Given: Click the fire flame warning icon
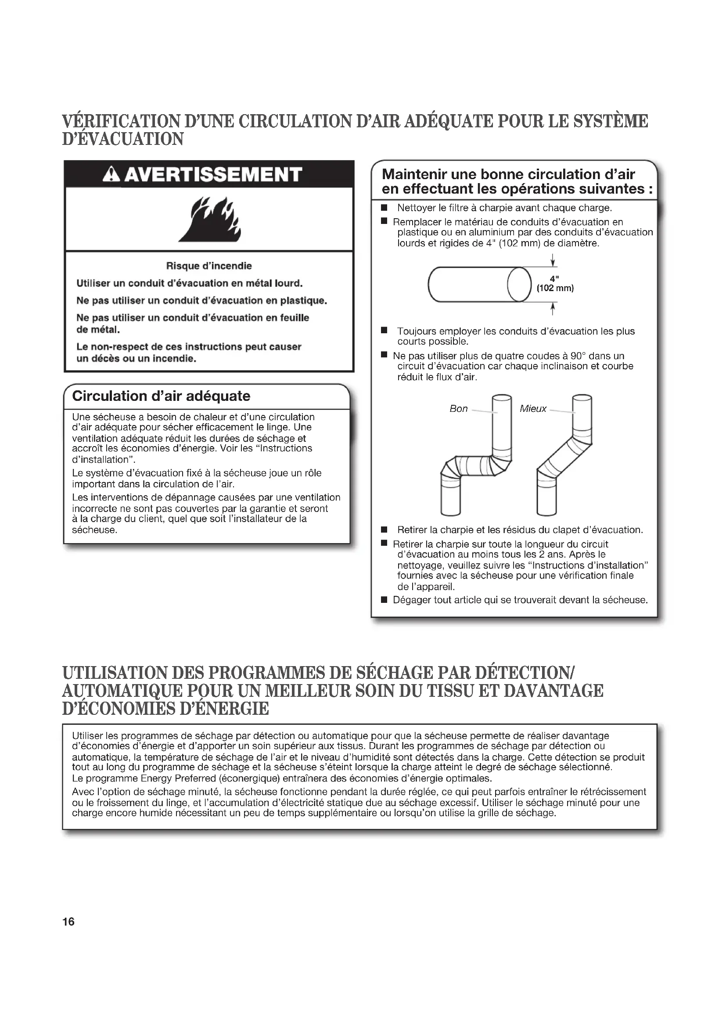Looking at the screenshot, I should (210, 219).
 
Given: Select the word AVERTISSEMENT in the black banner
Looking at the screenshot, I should (213, 175).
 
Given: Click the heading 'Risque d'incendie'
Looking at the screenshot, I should (209, 266).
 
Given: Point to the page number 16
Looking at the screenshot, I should (68, 922).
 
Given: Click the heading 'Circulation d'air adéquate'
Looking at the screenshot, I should (161, 396).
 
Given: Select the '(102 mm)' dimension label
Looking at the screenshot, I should (555, 288).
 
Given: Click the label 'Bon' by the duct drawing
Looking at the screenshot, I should (458, 409).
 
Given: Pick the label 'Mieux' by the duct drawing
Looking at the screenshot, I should (533, 409).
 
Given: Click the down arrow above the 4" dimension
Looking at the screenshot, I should (553, 260).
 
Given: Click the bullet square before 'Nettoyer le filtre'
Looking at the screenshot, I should (384, 208).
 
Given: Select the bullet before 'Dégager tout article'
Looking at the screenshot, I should (384, 600).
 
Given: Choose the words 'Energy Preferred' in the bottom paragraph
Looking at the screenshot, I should (178, 778).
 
